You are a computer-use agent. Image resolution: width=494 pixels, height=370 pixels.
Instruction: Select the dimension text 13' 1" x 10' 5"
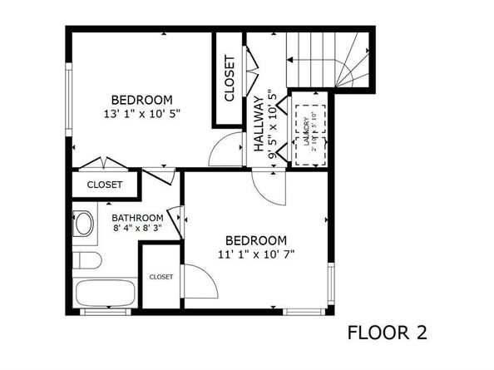(142, 111)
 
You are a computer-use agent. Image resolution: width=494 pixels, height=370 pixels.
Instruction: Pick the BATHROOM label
(137, 219)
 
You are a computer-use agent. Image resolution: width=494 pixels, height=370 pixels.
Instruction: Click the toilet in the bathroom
(87, 261)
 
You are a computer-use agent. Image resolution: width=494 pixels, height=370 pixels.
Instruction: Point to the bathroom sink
(84, 224)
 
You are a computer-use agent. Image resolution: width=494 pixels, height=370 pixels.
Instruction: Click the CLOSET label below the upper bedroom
(105, 185)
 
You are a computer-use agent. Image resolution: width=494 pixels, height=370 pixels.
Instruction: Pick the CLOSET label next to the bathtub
(161, 277)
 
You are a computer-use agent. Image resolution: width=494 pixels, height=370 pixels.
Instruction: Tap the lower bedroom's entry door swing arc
(272, 188)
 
